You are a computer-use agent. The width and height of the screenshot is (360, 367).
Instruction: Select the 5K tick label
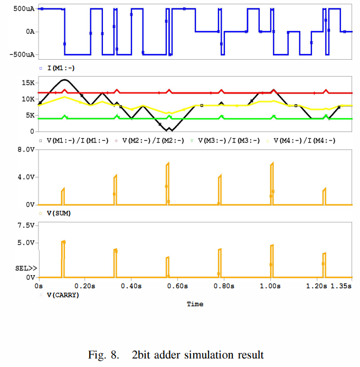pyautogui.click(x=30, y=115)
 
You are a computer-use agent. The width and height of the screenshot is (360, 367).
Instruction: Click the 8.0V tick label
pyautogui.click(x=26, y=150)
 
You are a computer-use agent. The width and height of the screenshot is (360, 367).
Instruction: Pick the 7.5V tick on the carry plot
pyautogui.click(x=26, y=225)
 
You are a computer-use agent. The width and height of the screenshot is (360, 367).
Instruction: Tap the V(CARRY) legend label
pyautogui.click(x=63, y=295)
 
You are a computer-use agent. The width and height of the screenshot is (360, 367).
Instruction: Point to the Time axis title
pyautogui.click(x=195, y=304)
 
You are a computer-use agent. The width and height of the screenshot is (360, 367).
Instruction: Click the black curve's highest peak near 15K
pyautogui.click(x=64, y=80)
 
